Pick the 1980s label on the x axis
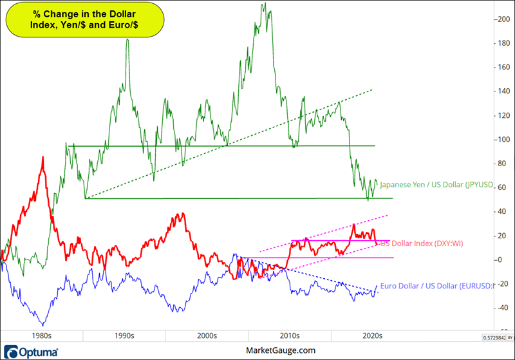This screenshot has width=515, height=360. click(x=41, y=336)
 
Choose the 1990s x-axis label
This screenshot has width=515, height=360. click(x=124, y=336)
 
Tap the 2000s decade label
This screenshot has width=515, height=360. click(x=207, y=336)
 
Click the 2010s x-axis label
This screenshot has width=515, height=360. click(x=289, y=336)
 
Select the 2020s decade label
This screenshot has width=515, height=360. click(x=371, y=336)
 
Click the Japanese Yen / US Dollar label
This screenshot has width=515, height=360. click(x=435, y=185)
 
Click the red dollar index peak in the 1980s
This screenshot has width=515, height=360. click(x=43, y=156)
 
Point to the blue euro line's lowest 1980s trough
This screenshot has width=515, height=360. click(x=42, y=325)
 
